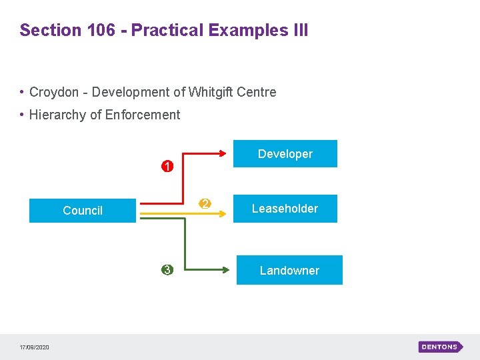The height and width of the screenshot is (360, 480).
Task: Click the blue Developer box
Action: [285, 153]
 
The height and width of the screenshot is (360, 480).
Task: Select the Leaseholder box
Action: [285, 209]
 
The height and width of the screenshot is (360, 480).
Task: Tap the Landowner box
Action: [289, 270]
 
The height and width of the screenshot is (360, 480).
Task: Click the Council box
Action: [83, 211]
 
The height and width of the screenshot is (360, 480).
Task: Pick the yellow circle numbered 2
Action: [205, 203]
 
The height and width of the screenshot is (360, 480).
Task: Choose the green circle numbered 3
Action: [167, 270]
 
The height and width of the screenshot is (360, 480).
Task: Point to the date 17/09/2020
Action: [34, 347]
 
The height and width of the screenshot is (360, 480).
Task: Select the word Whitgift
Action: [211, 92]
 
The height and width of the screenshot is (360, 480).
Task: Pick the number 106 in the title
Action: [102, 30]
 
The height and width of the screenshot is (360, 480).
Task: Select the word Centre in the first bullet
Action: [257, 92]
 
